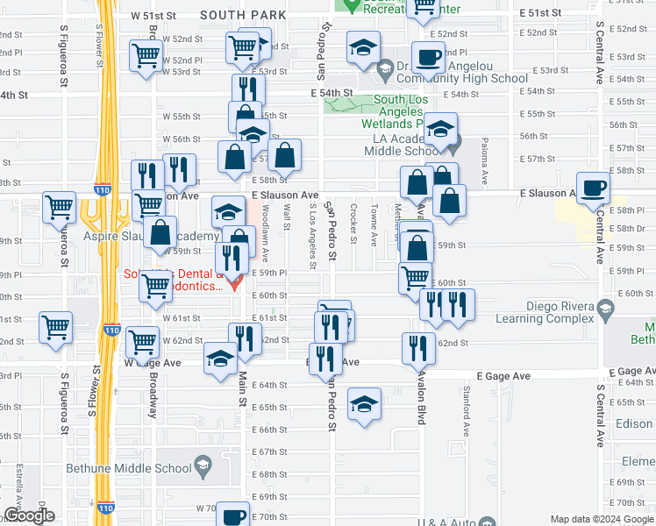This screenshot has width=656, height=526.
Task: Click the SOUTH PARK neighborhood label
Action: [x=243, y=15]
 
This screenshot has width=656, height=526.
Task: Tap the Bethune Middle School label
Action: [x=128, y=468]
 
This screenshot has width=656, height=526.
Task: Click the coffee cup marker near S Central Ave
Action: [x=594, y=188]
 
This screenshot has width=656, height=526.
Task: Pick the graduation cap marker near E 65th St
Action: [x=364, y=404]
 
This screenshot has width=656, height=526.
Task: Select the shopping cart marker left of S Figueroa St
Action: [x=59, y=208]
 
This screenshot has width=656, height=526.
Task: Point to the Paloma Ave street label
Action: [x=484, y=165]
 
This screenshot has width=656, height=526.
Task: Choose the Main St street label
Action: [x=242, y=387]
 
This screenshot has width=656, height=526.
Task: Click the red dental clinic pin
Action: [x=233, y=281]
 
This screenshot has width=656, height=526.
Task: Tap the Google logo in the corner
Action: [x=29, y=515]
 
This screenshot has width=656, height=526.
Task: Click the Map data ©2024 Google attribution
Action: [x=602, y=519]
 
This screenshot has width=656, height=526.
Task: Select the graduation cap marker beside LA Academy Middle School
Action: [x=441, y=130]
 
